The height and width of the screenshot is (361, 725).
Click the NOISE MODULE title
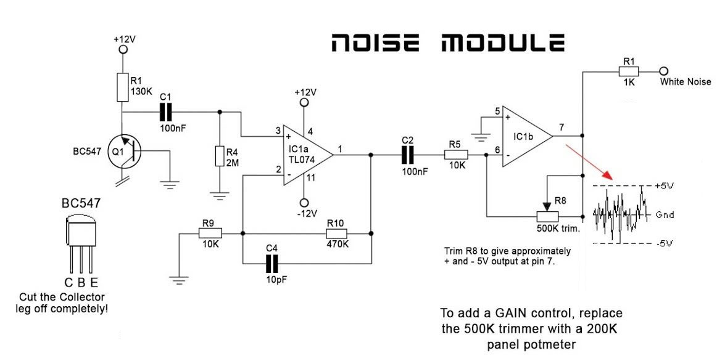[x=447, y=44]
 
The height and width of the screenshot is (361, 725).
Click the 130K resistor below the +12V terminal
[x=123, y=87]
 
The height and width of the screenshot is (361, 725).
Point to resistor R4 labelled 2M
[x=218, y=156]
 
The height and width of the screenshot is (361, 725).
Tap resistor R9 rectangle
[x=210, y=233]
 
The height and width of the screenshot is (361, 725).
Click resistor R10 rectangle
[x=337, y=233]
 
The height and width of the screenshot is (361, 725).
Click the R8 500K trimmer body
[x=547, y=216]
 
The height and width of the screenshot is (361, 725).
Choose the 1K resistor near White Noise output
[x=629, y=71]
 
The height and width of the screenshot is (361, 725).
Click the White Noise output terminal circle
[x=664, y=71]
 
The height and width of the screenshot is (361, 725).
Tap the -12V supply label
[x=306, y=214]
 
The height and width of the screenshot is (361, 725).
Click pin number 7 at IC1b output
[x=561, y=127]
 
